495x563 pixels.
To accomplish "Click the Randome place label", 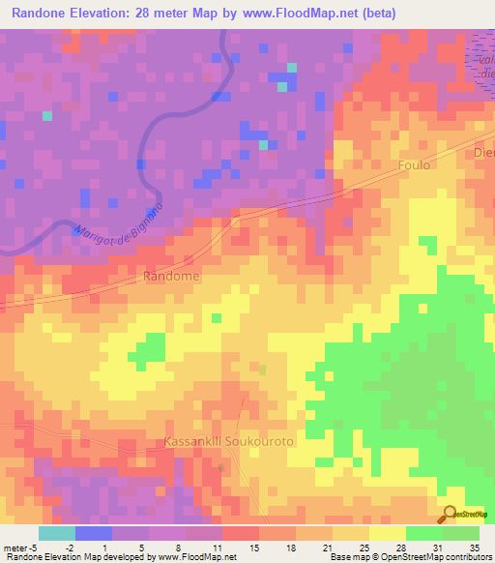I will (x=171, y=276).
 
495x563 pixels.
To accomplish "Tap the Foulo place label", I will (x=414, y=165).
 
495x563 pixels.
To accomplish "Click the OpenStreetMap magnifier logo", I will (x=450, y=515).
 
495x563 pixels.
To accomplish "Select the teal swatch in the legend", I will (x=56, y=533).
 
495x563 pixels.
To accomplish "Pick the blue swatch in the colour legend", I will (x=93, y=533).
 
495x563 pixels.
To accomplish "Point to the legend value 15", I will (x=253, y=547).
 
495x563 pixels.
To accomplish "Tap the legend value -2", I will (x=70, y=547).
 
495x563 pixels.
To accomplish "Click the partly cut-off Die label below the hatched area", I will (x=483, y=152).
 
